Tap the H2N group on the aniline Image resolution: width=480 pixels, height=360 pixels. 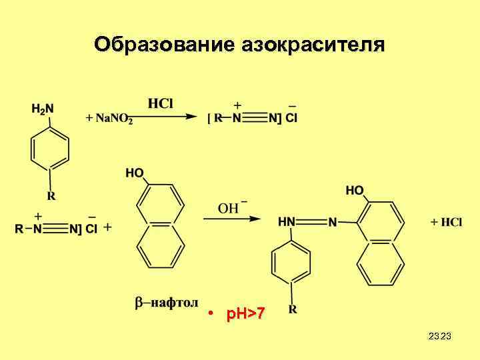point(43,107)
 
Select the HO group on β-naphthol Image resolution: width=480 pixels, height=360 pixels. point(135,173)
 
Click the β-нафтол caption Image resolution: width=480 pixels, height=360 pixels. point(167,303)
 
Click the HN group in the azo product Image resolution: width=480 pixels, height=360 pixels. point(287,221)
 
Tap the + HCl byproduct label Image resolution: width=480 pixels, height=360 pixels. point(446,222)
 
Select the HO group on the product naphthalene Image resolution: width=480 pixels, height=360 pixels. point(355,191)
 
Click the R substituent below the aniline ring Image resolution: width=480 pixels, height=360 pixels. point(51,196)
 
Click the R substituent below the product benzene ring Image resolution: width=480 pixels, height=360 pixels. point(293,309)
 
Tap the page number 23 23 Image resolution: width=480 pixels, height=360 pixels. point(440,336)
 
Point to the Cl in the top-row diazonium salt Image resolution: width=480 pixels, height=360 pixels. point(291,118)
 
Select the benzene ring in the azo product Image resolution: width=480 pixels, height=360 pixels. point(291,263)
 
